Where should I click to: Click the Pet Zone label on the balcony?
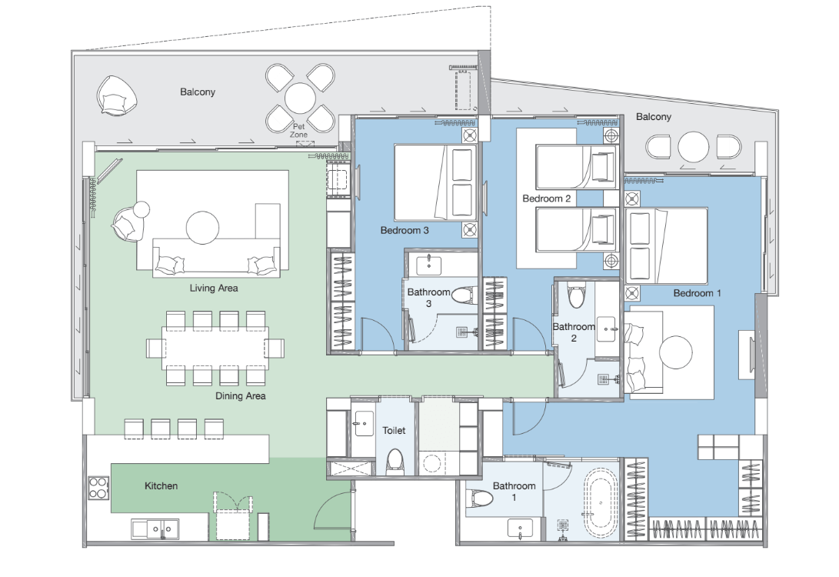coord(298,131)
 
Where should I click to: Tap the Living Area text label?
coord(214,288)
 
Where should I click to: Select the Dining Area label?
coord(240,396)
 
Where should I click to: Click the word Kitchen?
coord(161,486)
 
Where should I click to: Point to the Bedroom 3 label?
coord(405,231)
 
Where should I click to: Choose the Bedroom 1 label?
coord(698,293)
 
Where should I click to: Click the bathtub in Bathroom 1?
coord(601,503)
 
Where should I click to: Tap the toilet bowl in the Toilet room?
coord(395,462)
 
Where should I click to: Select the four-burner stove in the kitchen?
coord(98,489)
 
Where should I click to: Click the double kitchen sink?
coord(155,529)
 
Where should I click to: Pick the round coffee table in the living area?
coord(203,228)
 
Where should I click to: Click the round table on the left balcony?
coord(300,98)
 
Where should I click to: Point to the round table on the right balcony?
coord(694,147)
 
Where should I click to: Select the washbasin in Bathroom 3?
coord(428,264)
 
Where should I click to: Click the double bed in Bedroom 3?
coord(435,182)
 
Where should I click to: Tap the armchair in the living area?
coord(128,222)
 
